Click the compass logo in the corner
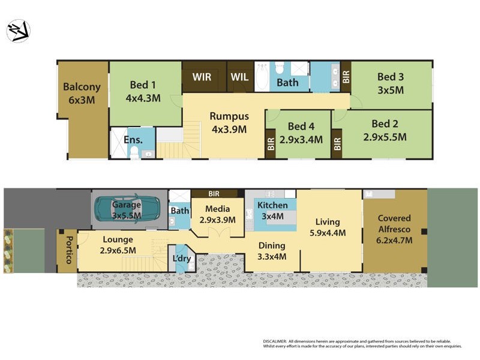[x=18, y=31]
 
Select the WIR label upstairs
[x=202, y=77]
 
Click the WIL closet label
[x=239, y=77]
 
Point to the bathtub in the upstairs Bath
[x=262, y=77]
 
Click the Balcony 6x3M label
[x=82, y=94]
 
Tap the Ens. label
[x=133, y=140]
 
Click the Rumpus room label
[x=229, y=122]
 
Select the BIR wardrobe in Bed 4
[x=271, y=144]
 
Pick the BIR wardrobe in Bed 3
[x=346, y=76]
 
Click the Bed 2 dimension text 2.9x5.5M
[x=385, y=137]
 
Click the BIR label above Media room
[x=213, y=194]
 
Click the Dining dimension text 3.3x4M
[x=271, y=257]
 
